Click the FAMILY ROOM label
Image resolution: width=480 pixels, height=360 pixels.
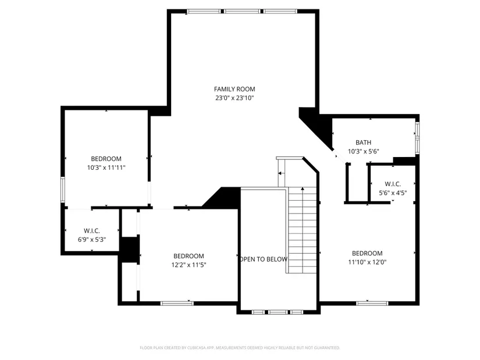[234, 89]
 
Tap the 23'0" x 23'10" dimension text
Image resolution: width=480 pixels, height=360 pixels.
[234, 98]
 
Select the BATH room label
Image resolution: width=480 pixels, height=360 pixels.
[364, 142]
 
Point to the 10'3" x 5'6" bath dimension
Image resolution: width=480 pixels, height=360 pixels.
[364, 151]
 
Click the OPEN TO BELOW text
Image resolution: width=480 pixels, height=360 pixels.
[263, 259]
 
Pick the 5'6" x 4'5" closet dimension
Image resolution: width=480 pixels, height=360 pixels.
[393, 193]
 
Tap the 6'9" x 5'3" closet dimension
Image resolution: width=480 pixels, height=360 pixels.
[92, 240]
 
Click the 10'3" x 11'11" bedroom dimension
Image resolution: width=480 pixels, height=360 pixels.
[106, 167]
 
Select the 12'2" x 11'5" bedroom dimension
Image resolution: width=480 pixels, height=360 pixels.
[189, 265]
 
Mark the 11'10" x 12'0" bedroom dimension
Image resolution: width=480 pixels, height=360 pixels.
[367, 262]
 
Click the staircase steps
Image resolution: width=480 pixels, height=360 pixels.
[302, 230]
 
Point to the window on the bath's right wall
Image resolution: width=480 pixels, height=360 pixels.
[417, 138]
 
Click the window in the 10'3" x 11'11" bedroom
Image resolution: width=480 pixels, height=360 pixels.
[63, 190]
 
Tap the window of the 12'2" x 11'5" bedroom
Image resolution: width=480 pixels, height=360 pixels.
[177, 304]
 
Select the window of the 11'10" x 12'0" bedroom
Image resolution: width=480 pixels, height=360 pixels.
[372, 304]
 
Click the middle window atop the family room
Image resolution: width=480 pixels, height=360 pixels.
[242, 11]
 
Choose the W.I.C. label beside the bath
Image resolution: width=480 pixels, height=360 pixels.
[393, 184]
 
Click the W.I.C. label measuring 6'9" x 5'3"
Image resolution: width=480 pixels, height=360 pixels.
[92, 231]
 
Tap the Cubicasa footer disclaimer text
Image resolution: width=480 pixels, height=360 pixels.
[240, 348]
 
